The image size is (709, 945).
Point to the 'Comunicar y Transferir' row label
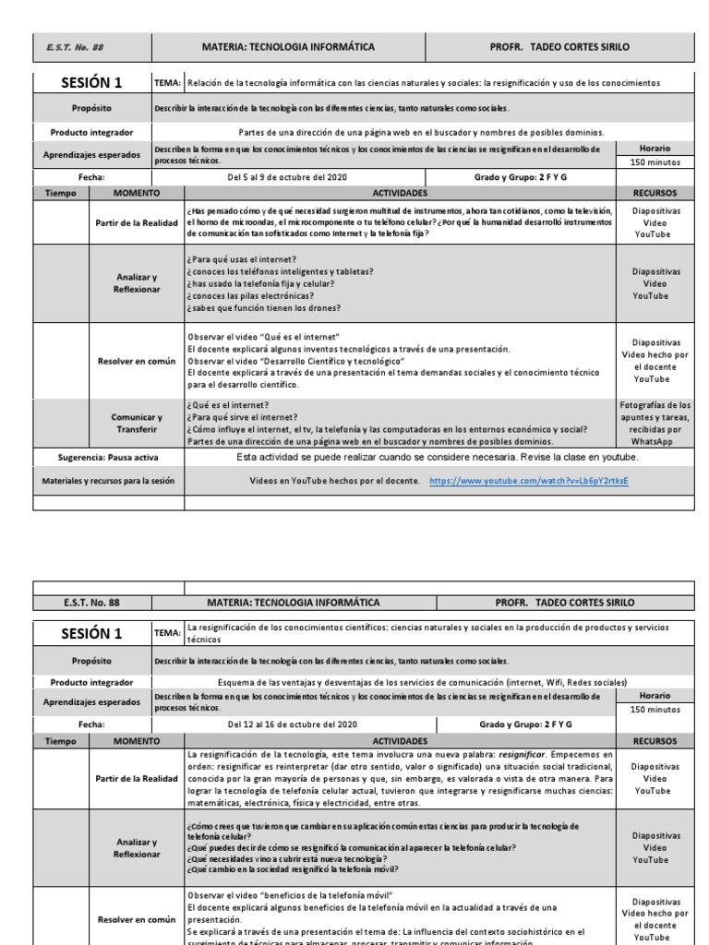tap(136, 423)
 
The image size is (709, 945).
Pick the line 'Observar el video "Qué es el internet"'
tap(264, 337)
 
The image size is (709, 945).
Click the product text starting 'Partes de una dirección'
tap(420, 132)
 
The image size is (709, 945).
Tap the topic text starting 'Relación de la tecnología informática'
tap(423, 82)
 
